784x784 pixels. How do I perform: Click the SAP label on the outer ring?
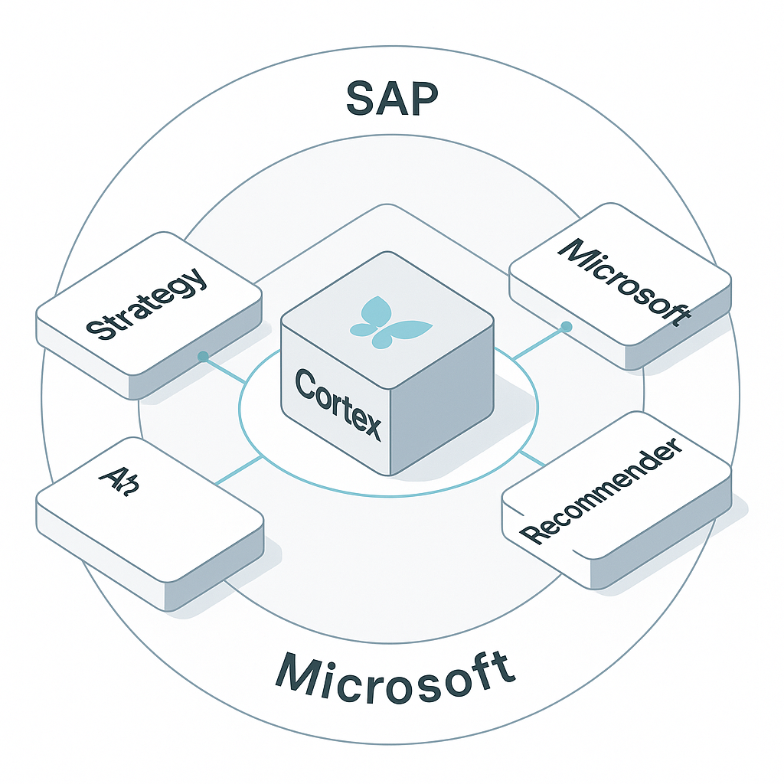click(392, 98)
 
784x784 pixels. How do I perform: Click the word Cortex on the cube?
click(338, 403)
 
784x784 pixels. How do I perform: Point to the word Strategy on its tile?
click(146, 303)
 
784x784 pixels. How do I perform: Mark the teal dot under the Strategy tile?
click(203, 356)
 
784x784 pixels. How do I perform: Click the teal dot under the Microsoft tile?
click(567, 327)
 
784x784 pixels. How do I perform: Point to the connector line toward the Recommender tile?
click(531, 458)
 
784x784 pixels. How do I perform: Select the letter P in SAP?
click(424, 98)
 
